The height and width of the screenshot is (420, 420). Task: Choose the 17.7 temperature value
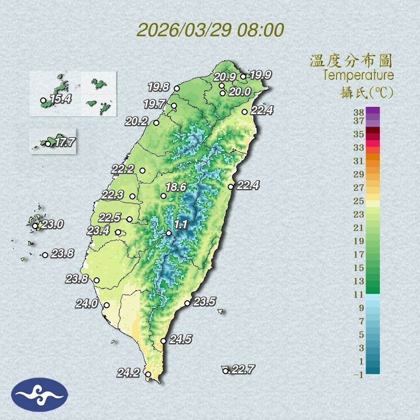point(64,142)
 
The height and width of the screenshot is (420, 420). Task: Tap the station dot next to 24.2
point(148,375)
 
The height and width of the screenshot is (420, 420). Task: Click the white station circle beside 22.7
point(226,371)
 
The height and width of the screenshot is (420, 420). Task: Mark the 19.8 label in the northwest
point(158,87)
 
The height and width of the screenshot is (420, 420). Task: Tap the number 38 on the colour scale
point(358,112)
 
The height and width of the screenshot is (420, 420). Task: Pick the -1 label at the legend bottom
point(358,375)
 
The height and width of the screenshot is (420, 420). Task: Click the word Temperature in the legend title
point(358,75)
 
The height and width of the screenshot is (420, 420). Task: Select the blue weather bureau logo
point(40,395)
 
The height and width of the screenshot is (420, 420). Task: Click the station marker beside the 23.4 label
point(118,232)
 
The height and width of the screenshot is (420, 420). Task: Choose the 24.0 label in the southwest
point(86,304)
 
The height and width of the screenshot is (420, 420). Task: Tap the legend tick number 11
point(359,294)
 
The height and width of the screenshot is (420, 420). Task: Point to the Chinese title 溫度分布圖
point(351,61)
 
